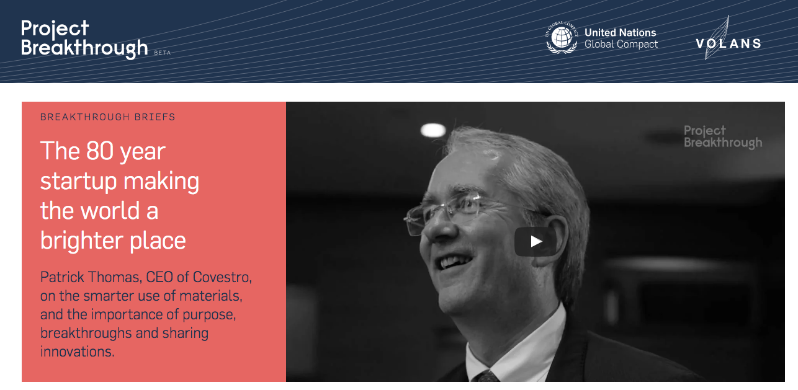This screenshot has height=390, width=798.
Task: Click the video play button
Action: pyautogui.click(x=536, y=242)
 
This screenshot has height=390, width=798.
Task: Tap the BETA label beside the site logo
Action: pyautogui.click(x=163, y=53)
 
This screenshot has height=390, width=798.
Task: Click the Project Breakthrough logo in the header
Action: pyautogui.click(x=84, y=39)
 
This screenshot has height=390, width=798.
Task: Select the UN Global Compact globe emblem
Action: pyautogui.click(x=562, y=37)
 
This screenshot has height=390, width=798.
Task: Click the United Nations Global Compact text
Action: pyautogui.click(x=621, y=38)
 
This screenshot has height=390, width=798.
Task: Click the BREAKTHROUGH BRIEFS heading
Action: pyautogui.click(x=107, y=117)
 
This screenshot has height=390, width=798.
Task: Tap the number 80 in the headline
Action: pyautogui.click(x=99, y=151)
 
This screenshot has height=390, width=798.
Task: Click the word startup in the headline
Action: pyautogui.click(x=78, y=182)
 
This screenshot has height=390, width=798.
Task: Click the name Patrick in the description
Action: pyautogui.click(x=61, y=277)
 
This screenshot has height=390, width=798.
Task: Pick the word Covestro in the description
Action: pyautogui.click(x=222, y=277)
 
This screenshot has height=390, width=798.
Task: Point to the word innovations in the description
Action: pyautogui.click(x=78, y=352)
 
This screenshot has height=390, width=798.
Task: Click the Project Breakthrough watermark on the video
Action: pyautogui.click(x=723, y=136)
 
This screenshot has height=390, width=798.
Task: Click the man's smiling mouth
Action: pyautogui.click(x=455, y=262)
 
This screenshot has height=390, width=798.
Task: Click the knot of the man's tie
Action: pyautogui.click(x=486, y=376)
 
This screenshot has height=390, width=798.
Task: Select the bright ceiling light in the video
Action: pyautogui.click(x=433, y=130)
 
